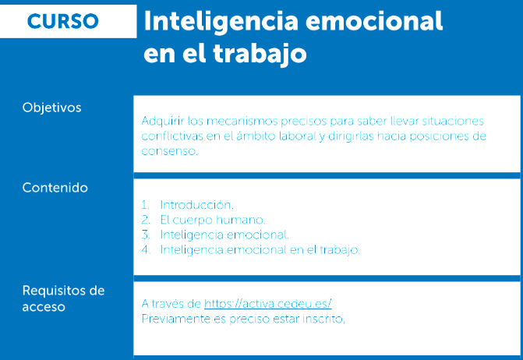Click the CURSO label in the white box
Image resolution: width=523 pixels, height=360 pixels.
coord(62,21)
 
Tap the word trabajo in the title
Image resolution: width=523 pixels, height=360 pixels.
coord(260,53)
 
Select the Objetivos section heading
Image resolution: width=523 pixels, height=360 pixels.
coord(51,108)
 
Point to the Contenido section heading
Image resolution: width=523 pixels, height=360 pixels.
coord(55,188)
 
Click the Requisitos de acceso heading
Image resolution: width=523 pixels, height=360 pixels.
coord(63,298)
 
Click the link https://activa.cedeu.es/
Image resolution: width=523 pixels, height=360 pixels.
coord(268,304)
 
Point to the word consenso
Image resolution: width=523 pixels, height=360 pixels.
coord(169,151)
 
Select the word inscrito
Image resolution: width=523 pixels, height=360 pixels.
coord(323,319)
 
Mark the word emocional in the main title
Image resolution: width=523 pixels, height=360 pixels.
coord(374,22)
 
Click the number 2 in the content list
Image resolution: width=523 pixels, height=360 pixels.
coord(146,220)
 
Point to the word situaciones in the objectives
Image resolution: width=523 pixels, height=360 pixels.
coord(453,121)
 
